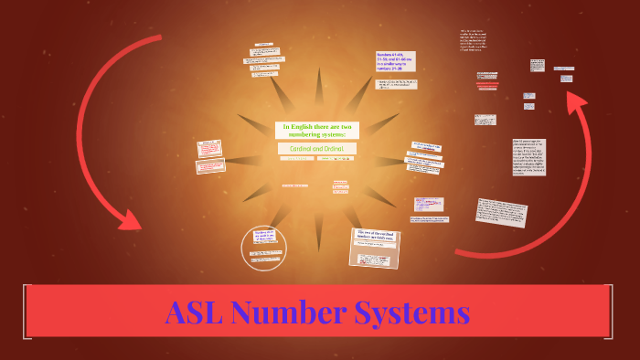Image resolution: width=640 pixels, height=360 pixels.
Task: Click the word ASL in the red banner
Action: coord(194,313)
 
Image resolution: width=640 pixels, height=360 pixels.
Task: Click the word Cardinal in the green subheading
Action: coord(300,148)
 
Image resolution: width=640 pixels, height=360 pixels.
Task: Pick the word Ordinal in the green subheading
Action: coord(339,148)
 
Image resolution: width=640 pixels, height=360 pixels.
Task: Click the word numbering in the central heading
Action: coord(302,133)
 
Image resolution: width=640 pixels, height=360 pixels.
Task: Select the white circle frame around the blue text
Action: coord(264,247)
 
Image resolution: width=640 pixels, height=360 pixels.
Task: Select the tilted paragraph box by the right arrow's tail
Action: coord(501,211)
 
